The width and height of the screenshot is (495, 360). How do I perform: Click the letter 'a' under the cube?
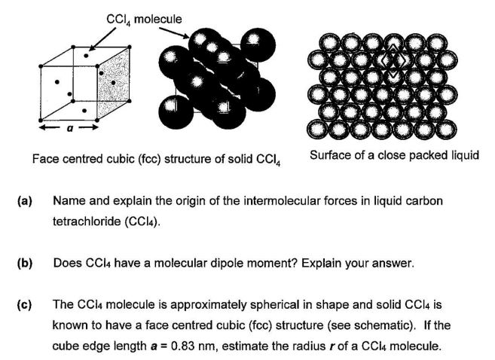point(70,130)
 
